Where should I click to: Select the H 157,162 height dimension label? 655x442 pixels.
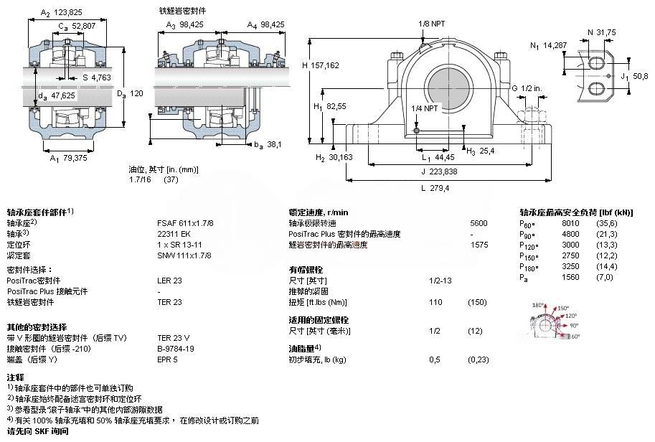[x=321, y=65]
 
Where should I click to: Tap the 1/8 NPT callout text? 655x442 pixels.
[x=432, y=24]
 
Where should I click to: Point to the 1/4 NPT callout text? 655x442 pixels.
[x=425, y=108]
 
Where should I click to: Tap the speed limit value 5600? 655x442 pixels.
[x=478, y=223]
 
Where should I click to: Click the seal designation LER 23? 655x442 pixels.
[x=169, y=281]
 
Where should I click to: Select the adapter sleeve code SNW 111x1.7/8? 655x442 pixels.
[x=184, y=255]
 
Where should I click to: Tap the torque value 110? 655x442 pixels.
[x=435, y=302]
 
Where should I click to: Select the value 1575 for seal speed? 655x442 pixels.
[x=479, y=245]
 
